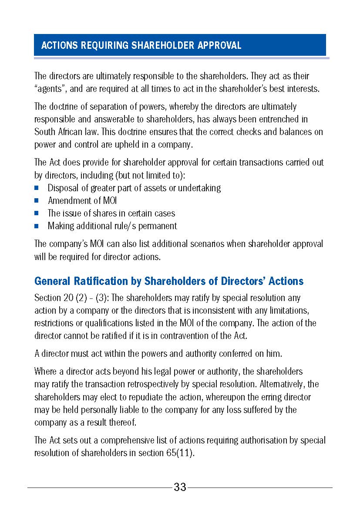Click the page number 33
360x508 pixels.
click(180, 487)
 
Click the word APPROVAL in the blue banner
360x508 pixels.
click(219, 45)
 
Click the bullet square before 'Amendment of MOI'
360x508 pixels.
click(37, 201)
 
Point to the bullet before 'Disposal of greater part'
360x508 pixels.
click(37, 188)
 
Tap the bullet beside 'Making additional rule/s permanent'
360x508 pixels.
click(37, 226)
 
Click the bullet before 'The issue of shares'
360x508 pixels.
click(37, 213)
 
